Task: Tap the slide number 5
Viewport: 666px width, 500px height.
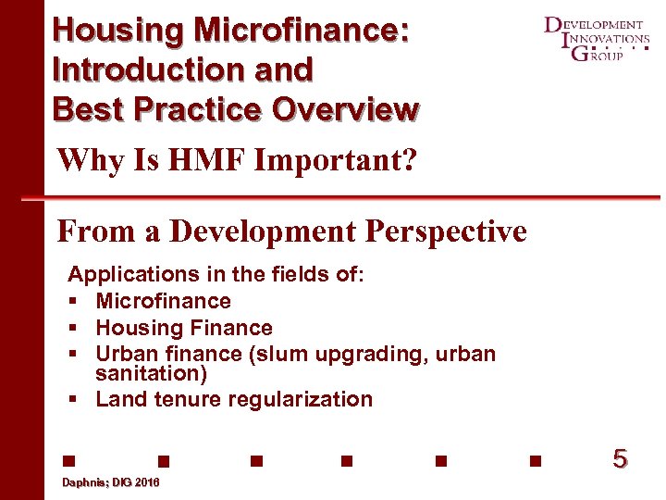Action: (x=620, y=458)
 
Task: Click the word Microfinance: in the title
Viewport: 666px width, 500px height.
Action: (x=301, y=30)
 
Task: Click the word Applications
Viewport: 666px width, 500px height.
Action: (x=126, y=274)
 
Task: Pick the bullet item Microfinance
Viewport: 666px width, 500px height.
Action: (x=163, y=301)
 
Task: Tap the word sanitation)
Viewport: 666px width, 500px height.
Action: (x=151, y=374)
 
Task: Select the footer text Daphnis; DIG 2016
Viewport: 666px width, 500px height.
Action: (x=110, y=483)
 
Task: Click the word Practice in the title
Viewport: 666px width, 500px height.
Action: (x=191, y=108)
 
